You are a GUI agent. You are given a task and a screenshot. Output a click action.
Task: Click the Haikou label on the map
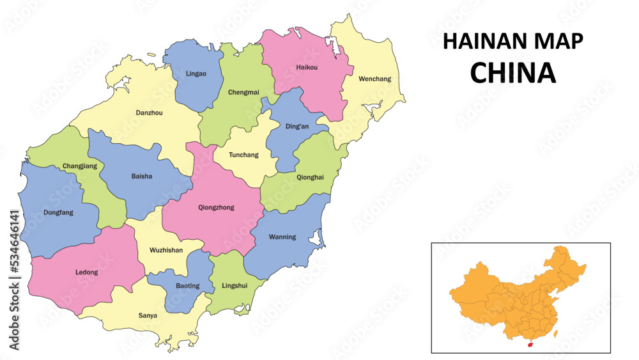click(x=307, y=67)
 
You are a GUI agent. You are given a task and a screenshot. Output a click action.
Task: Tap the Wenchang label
click(x=374, y=79)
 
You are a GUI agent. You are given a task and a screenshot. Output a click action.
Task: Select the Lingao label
click(x=196, y=74)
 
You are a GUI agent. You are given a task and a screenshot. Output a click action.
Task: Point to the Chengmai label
click(x=243, y=92)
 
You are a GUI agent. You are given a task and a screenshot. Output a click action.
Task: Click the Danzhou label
click(x=149, y=113)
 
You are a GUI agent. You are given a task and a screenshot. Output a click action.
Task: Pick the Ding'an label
click(x=296, y=126)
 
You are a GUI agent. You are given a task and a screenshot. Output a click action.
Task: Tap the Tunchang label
click(x=244, y=155)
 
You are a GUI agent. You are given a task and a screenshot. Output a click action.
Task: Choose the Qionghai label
click(x=310, y=177)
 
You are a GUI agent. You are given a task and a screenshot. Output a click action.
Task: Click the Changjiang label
click(x=80, y=166)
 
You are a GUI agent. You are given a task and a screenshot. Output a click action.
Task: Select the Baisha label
click(x=141, y=176)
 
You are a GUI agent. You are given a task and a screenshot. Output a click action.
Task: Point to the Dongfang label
click(x=58, y=213)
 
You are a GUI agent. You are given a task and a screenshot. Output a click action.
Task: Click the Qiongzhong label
click(x=216, y=207)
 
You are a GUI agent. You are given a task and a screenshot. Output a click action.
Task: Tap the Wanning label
click(x=282, y=237)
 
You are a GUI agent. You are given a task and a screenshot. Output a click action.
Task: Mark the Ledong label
click(x=87, y=272)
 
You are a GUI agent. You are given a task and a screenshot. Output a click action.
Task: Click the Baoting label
click(x=187, y=285)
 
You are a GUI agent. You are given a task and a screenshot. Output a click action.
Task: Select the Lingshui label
click(x=233, y=285)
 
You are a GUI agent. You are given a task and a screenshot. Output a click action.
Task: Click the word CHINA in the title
click(x=512, y=73)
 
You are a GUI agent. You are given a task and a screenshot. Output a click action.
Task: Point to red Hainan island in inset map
click(x=530, y=344)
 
